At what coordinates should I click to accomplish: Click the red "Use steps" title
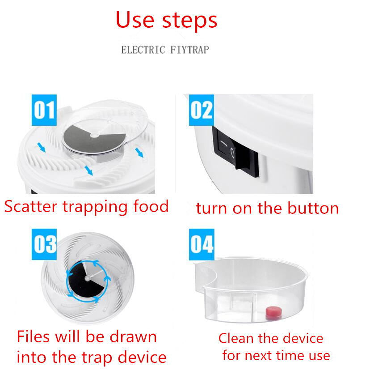(166, 20)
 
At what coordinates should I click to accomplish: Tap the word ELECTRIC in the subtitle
(143, 50)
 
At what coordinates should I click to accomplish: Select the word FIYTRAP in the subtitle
(189, 50)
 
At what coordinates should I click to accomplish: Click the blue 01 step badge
(44, 110)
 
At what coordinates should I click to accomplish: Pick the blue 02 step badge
(202, 110)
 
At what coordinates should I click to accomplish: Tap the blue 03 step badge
(44, 244)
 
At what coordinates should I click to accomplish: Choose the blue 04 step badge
(202, 244)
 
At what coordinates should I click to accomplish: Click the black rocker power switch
(236, 151)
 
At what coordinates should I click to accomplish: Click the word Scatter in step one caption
(31, 207)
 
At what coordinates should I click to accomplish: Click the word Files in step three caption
(33, 336)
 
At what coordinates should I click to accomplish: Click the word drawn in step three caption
(133, 336)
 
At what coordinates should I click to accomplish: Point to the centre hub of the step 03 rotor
(87, 278)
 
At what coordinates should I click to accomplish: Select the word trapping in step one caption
(95, 207)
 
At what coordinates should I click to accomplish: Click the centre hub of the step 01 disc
(94, 135)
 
